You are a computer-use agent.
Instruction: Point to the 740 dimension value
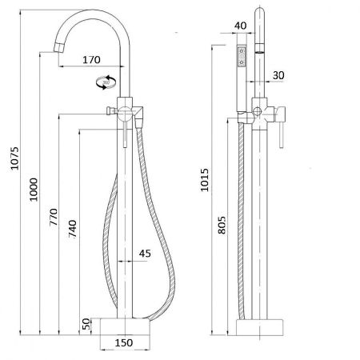coord(74,227)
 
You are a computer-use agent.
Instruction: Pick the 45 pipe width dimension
coord(145,254)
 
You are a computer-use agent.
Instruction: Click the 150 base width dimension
coord(123,345)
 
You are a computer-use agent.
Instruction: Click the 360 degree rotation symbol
coord(104,82)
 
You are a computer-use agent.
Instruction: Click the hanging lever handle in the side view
coord(279,128)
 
